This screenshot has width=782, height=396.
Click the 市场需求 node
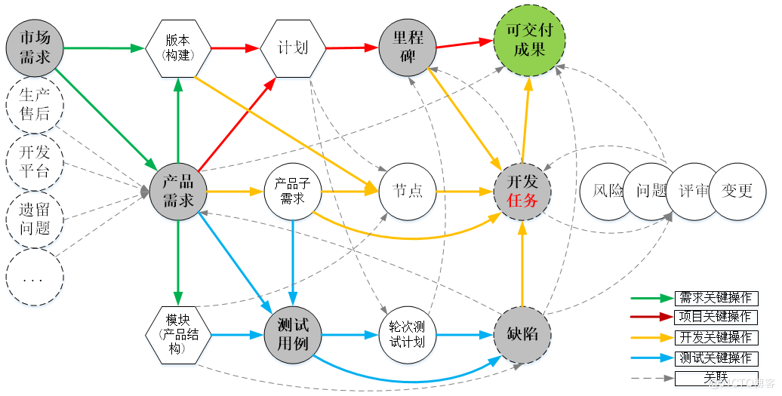point(35,48)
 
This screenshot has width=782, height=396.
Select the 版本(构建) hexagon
point(178,48)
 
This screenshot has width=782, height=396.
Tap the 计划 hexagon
point(294,48)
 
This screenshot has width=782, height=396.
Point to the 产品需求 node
point(178,190)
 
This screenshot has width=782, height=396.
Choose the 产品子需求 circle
point(293,190)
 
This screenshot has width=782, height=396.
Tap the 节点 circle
point(408,190)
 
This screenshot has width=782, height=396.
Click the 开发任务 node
point(523,190)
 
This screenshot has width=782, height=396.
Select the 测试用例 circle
point(293,333)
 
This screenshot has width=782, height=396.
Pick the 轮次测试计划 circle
point(408,333)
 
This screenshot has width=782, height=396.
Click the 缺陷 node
point(522,333)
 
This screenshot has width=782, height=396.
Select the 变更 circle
point(737,191)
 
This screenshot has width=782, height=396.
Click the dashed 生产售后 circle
point(35,104)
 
